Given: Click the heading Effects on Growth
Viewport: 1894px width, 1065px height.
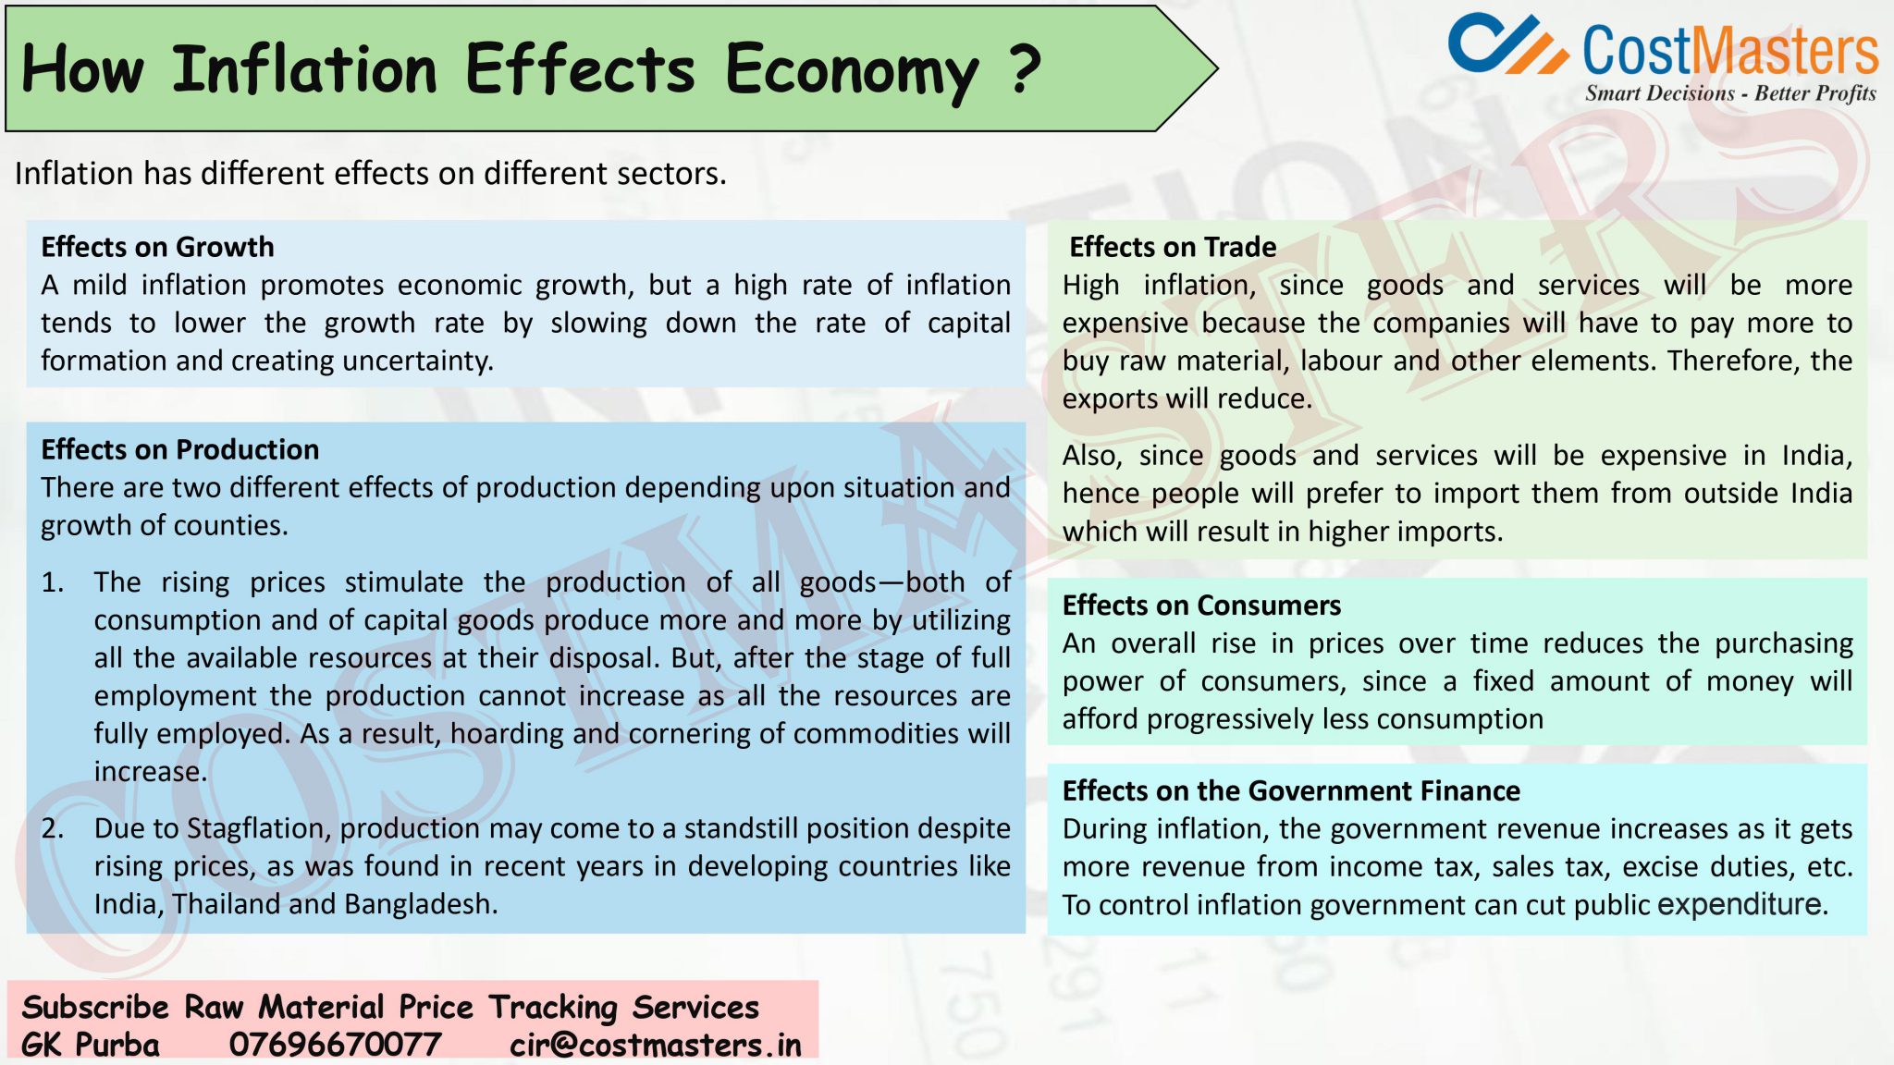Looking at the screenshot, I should [x=157, y=247].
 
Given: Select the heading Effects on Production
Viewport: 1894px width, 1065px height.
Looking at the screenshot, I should [x=179, y=449].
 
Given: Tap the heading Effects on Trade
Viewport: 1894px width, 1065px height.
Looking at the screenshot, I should [x=1172, y=247].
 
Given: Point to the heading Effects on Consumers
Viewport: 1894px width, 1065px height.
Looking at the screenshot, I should [x=1200, y=605].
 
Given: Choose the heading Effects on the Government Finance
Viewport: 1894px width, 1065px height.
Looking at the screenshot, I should [x=1290, y=790].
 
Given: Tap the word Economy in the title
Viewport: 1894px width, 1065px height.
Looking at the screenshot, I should [x=851, y=70].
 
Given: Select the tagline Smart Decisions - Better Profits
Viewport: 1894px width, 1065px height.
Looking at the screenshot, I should [x=1729, y=93].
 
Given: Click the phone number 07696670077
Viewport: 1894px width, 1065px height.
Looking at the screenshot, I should [x=335, y=1045].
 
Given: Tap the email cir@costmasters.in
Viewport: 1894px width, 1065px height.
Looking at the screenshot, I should [x=655, y=1045].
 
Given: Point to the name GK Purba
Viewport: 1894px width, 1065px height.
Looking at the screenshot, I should [x=90, y=1045].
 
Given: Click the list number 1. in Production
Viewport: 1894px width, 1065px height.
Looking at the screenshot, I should [x=53, y=582].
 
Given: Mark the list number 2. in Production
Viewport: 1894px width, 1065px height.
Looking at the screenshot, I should [x=53, y=828].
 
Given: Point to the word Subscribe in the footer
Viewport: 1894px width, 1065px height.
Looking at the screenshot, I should [x=94, y=1007].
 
